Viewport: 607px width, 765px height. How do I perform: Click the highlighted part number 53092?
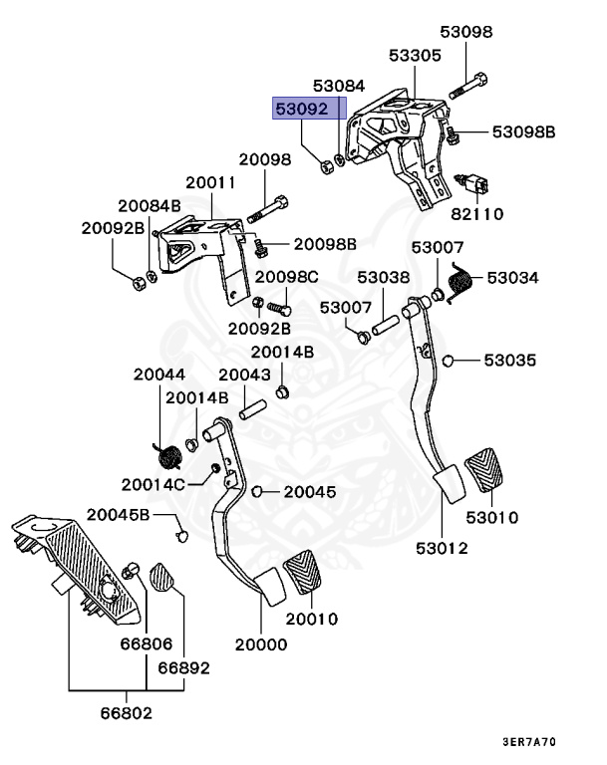click(302, 109)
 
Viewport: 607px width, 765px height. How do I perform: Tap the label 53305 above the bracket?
click(415, 55)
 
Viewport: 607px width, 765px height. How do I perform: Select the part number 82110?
click(476, 214)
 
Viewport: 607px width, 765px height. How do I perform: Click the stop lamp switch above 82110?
click(471, 183)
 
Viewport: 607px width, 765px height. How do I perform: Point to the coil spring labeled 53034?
click(459, 283)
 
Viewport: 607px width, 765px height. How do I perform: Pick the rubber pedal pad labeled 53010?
click(483, 469)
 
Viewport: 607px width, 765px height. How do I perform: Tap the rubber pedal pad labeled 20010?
click(302, 572)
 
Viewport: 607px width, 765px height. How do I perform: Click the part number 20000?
click(261, 644)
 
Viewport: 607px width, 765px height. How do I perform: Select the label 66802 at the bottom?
click(126, 713)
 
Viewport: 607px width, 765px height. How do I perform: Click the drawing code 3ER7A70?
click(529, 742)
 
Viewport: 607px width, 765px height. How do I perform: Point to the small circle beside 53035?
click(448, 361)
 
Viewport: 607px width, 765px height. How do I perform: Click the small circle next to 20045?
click(257, 491)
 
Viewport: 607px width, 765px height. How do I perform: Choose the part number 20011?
click(210, 182)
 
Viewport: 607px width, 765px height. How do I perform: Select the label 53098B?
click(523, 131)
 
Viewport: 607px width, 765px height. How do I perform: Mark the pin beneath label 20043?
click(252, 409)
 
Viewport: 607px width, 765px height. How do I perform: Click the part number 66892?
click(183, 667)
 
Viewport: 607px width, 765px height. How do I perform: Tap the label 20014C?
click(152, 484)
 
